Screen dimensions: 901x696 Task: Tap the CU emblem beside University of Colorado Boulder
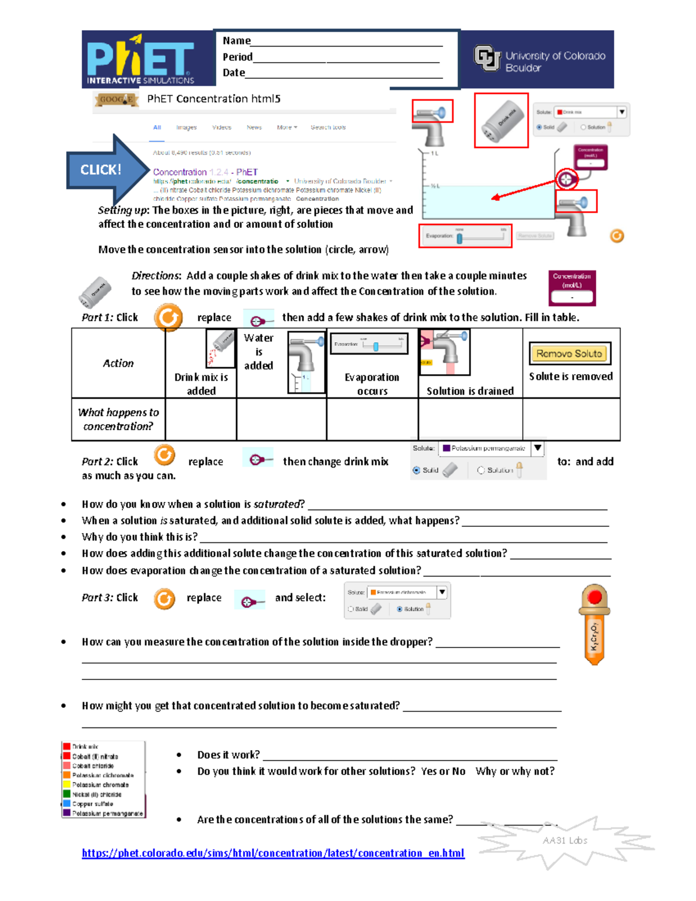coord(487,58)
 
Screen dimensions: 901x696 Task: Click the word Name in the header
coord(236,41)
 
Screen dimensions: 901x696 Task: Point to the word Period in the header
coord(237,57)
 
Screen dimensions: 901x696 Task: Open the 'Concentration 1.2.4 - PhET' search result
coord(205,172)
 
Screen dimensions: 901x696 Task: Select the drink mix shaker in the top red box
coord(501,120)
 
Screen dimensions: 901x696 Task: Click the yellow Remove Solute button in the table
coord(569,353)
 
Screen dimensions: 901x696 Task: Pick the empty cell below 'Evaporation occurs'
coord(372,419)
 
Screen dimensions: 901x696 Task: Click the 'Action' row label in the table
coord(118,363)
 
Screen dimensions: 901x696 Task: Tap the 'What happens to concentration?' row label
coord(118,419)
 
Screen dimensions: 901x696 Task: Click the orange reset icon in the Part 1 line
coord(168,317)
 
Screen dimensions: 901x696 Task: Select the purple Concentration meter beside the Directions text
coord(572,288)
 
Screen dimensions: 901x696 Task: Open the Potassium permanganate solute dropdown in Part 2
coord(538,448)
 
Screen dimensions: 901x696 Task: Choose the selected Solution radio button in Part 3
coord(400,609)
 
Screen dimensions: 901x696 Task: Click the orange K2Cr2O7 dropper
coord(594,624)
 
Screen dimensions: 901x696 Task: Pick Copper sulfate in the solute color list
coord(92,804)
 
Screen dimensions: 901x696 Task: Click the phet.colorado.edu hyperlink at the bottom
coord(273,853)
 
